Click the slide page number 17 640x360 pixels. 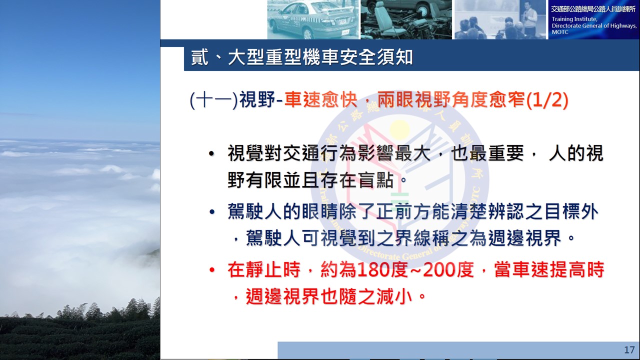[629, 350]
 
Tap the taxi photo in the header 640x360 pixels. [312, 19]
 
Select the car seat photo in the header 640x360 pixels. [406, 19]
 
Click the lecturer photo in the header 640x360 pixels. [500, 19]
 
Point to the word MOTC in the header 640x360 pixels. [560, 32]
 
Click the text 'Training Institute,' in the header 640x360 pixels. [574, 19]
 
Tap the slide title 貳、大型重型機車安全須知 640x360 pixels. [301, 57]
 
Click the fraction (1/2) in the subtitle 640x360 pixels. [547, 100]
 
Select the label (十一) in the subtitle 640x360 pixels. [214, 100]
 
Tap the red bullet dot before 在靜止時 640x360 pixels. [211, 269]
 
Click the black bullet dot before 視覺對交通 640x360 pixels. [211, 153]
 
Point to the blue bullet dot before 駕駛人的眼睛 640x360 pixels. [211, 212]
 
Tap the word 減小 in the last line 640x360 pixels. [394, 296]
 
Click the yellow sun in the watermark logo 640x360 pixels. [399, 128]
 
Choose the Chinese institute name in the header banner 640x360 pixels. [593, 9]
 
